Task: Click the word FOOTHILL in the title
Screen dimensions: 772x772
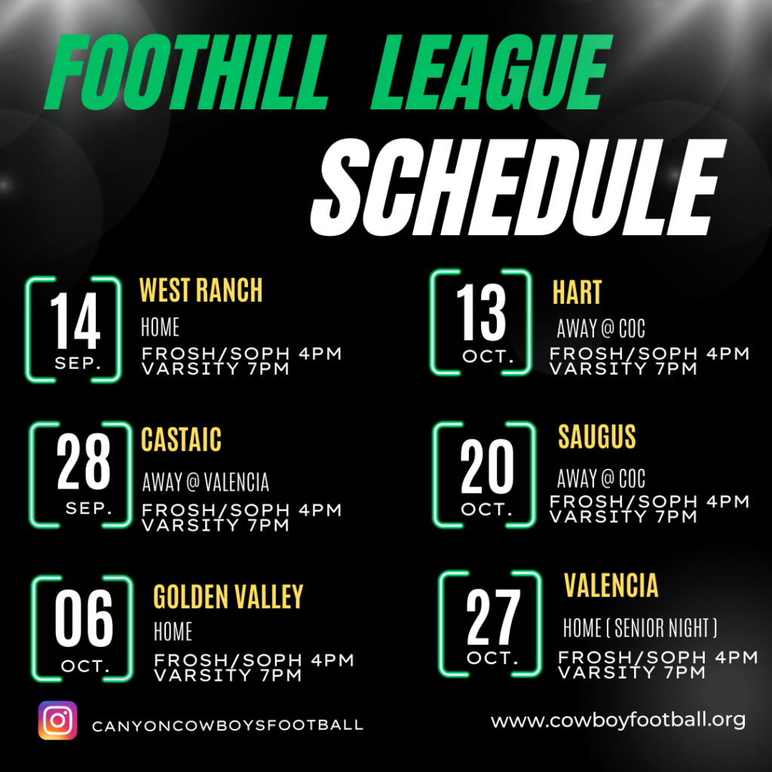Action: click(x=186, y=72)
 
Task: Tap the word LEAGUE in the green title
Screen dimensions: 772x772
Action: click(x=492, y=72)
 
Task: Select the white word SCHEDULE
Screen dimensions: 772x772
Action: click(x=518, y=187)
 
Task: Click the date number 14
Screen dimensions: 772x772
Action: click(x=75, y=320)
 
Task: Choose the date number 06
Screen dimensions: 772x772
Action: click(x=84, y=617)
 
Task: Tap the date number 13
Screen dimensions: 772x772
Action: click(x=481, y=312)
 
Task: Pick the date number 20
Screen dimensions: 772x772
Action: click(x=487, y=466)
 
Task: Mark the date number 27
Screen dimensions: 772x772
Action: click(x=493, y=617)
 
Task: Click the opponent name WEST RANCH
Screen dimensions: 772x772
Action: click(x=201, y=289)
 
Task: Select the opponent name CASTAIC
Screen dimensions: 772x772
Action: click(x=181, y=440)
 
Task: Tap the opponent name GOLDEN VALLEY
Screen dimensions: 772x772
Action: click(x=228, y=597)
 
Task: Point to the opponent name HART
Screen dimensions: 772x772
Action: click(x=577, y=293)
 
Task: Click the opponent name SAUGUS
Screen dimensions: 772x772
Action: click(x=597, y=437)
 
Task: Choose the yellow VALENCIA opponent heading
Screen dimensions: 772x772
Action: click(x=611, y=585)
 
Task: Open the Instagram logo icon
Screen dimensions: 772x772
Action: click(x=57, y=720)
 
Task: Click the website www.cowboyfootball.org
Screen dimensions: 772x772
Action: click(x=618, y=721)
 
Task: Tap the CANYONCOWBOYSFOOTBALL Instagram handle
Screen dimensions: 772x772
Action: click(x=228, y=725)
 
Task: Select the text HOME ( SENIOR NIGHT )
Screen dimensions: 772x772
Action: click(x=640, y=628)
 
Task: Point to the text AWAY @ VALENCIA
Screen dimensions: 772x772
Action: click(x=206, y=482)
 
